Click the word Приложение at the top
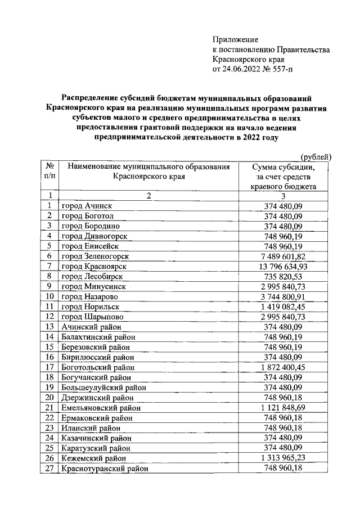pos(235,40)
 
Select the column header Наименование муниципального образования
pos(149,166)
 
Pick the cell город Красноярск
pos(93,265)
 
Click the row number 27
pos(49,468)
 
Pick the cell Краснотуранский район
pos(105,468)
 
